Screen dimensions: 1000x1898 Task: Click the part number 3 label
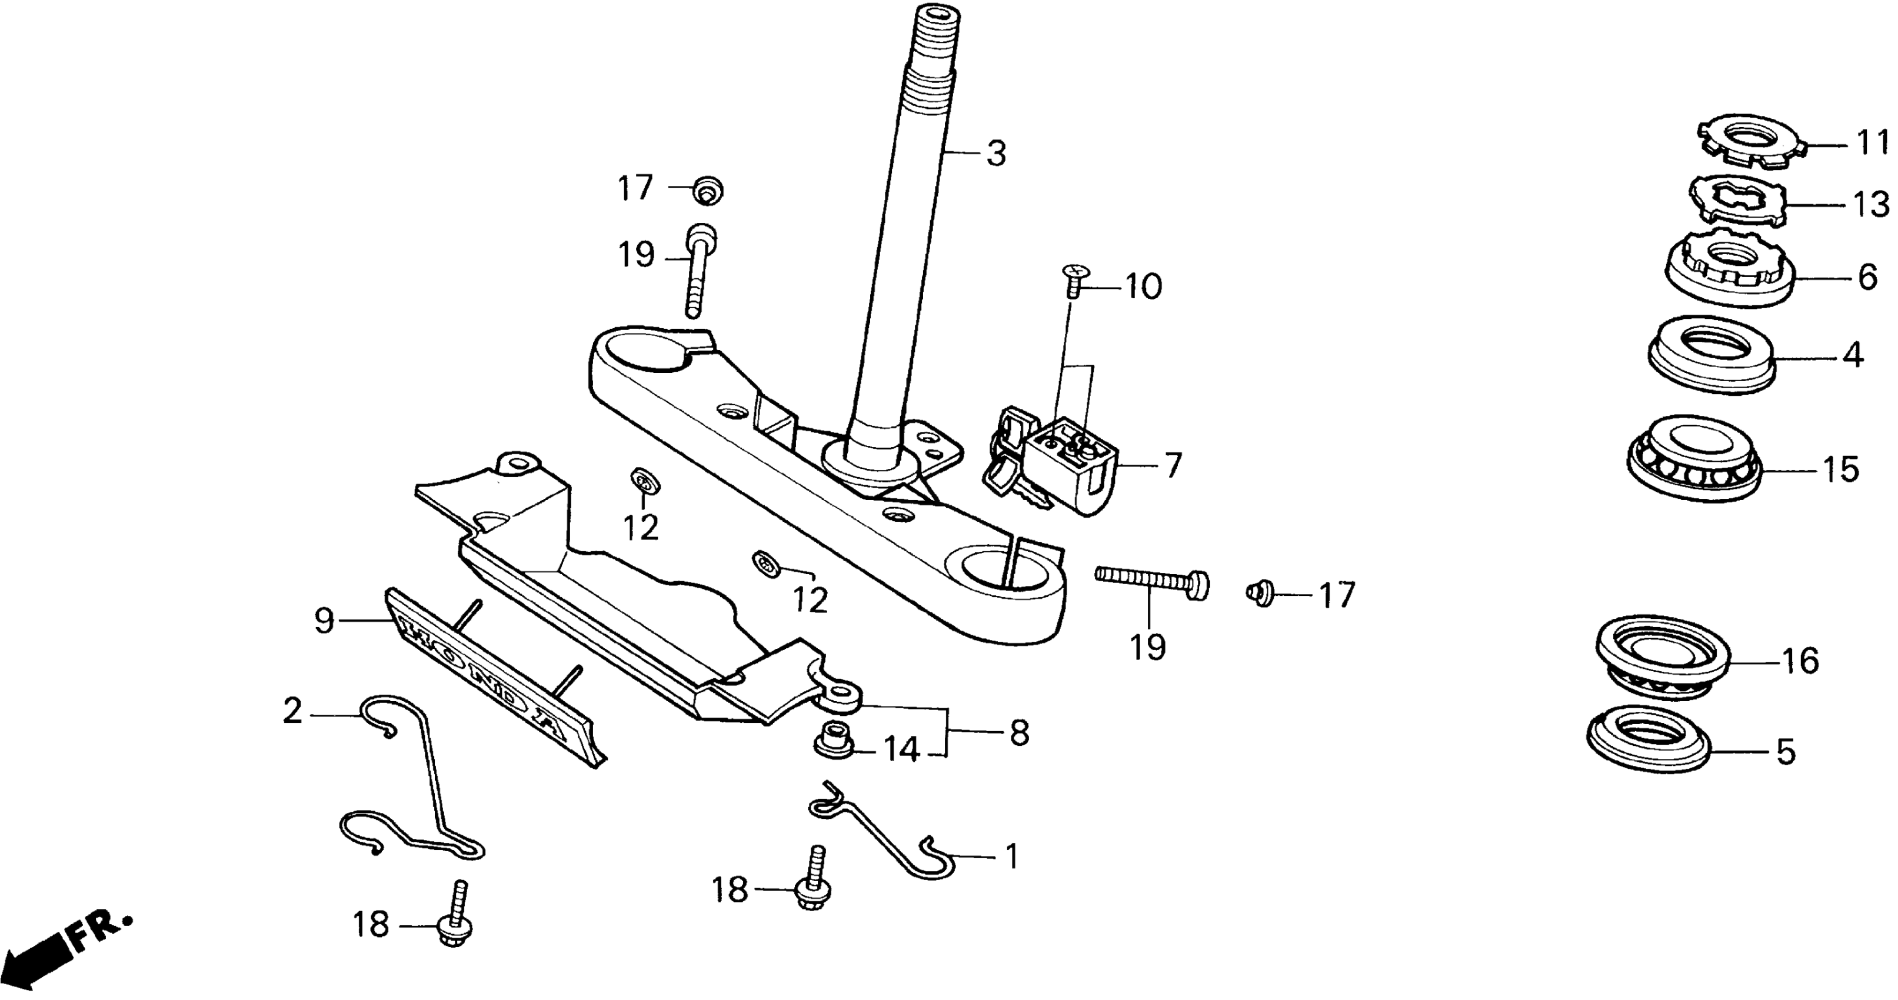click(996, 155)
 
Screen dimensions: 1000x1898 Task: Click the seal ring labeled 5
click(1647, 749)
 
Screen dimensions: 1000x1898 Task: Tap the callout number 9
click(324, 621)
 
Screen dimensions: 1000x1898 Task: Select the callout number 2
click(292, 711)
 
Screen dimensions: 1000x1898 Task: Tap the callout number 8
click(1020, 732)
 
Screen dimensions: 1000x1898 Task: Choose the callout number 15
click(1840, 469)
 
